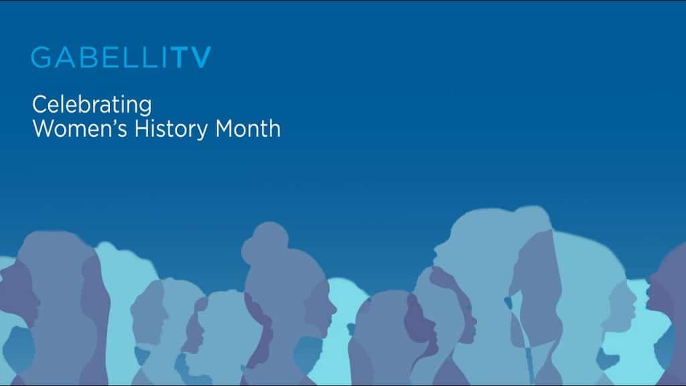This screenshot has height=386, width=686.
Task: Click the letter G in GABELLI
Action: click(x=41, y=58)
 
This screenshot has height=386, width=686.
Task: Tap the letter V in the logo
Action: click(x=202, y=58)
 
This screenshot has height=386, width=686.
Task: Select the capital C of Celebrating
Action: click(x=39, y=105)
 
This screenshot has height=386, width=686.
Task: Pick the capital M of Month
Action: click(x=224, y=129)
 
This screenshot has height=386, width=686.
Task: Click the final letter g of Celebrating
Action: click(x=145, y=108)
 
